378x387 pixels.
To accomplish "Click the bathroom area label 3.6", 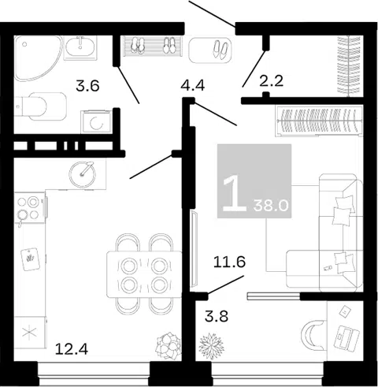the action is [87, 86].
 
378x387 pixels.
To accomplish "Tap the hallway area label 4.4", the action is [192, 85].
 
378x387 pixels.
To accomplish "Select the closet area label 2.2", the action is [272, 80].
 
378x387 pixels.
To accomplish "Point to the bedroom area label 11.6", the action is [229, 262].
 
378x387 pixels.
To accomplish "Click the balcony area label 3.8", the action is [217, 316].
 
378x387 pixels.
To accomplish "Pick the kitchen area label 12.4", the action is [72, 349].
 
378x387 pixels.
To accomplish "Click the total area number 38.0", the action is [271, 206].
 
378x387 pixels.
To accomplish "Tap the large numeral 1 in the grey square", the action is [234, 194].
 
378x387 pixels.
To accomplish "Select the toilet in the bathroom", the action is [40, 106].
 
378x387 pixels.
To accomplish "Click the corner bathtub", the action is [37, 58].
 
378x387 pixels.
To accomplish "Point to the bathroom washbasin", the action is [80, 47].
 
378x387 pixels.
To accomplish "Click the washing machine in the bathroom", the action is [97, 121].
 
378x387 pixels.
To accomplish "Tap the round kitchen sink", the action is [82, 174].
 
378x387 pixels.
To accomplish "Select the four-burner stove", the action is [30, 208].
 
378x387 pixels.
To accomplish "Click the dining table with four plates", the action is [144, 274].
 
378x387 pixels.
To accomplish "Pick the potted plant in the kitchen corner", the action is [169, 345].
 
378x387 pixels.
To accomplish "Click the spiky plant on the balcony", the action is [211, 346].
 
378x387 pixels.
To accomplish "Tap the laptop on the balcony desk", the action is [346, 337].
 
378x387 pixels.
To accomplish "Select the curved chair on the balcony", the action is [313, 335].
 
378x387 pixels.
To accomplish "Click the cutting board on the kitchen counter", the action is [31, 259].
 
